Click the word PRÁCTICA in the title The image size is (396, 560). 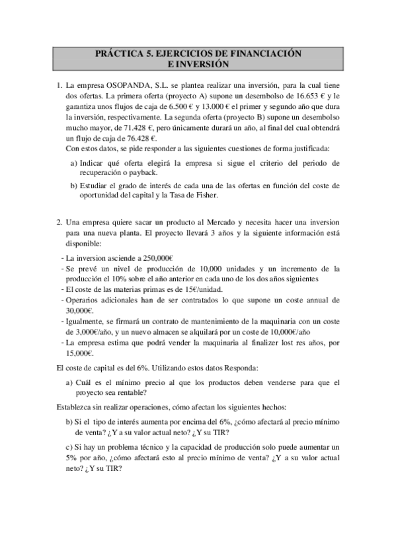point(116,53)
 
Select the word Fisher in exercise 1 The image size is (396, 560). point(219,196)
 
